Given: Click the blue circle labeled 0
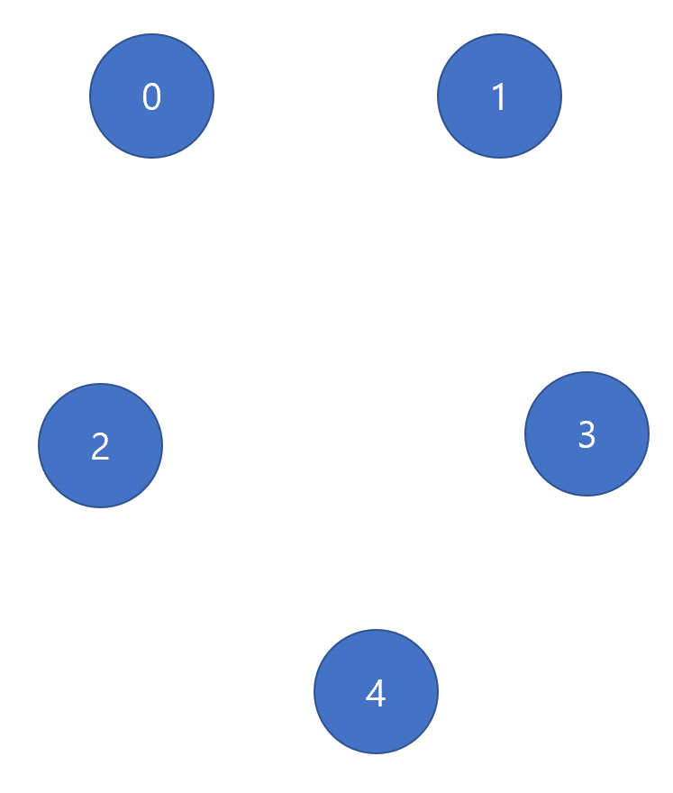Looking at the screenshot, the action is point(151,96).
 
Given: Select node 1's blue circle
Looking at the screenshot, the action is point(499,96).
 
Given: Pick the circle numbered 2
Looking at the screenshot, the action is point(100,446).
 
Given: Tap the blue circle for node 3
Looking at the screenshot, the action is point(587,434).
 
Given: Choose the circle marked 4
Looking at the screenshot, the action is point(376,692).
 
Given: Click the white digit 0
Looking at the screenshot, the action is point(151,96).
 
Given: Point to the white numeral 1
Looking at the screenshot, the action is point(499,96).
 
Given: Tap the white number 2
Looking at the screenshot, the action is point(100,446).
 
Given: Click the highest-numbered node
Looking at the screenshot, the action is point(376,692).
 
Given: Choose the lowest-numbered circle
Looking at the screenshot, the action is point(151,96).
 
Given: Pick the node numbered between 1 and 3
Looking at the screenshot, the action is point(100,446).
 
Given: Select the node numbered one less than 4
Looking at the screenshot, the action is point(587,434).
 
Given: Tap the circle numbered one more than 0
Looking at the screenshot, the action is point(499,96).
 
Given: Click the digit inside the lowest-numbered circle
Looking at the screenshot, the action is point(151,96).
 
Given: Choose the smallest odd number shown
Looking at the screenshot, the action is point(499,96).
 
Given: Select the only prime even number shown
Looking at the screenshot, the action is point(100,446).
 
